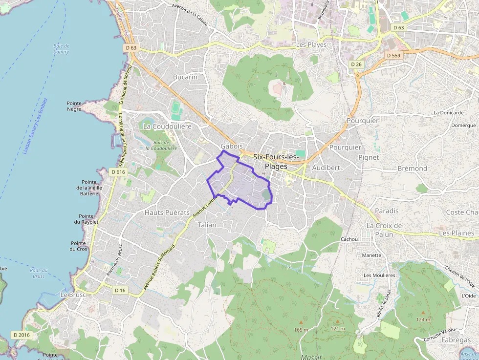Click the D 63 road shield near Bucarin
pyautogui.click(x=131, y=48)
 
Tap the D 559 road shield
pyautogui.click(x=393, y=56)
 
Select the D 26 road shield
pyautogui.click(x=356, y=64)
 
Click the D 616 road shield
pyautogui.click(x=118, y=172)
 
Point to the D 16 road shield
pyautogui.click(x=120, y=290)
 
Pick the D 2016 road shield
pyautogui.click(x=22, y=335)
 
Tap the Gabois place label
pyautogui.click(x=232, y=146)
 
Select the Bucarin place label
pyautogui.click(x=185, y=77)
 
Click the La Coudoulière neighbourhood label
pyautogui.click(x=167, y=126)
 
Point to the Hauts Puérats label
pyautogui.click(x=167, y=212)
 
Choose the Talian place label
pyautogui.click(x=207, y=225)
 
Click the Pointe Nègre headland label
pyautogui.click(x=75, y=106)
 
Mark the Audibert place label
pyautogui.click(x=326, y=167)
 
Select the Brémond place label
pyautogui.click(x=412, y=169)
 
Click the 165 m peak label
pyautogui.click(x=301, y=330)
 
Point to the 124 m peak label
pyautogui.click(x=424, y=320)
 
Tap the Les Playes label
pyautogui.click(x=311, y=45)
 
